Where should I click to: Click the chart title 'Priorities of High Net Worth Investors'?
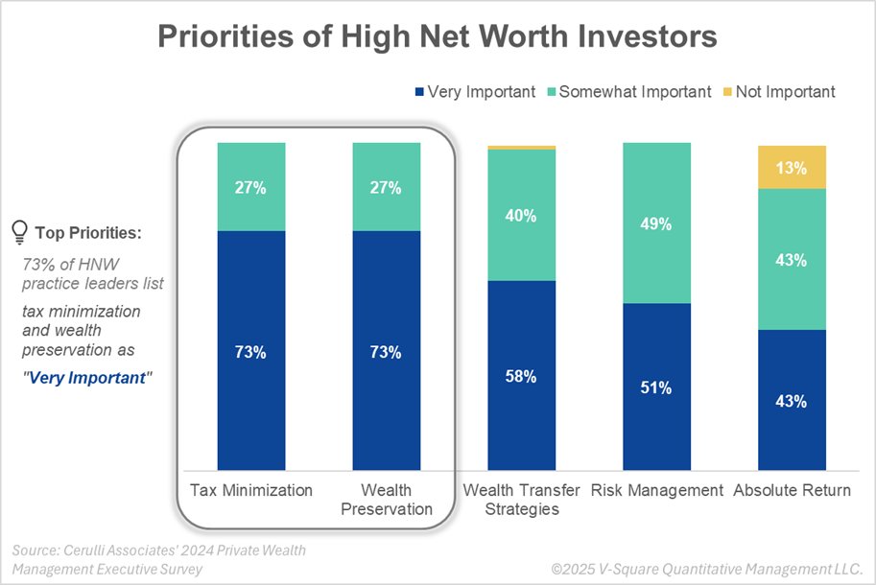click(x=438, y=37)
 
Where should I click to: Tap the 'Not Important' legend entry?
click(x=778, y=92)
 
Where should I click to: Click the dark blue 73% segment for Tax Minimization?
click(x=251, y=351)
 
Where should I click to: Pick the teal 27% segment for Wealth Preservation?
click(x=387, y=187)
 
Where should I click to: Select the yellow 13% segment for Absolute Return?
click(x=792, y=167)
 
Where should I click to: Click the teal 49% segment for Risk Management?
click(x=656, y=223)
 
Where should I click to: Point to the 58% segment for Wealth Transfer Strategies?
click(x=521, y=376)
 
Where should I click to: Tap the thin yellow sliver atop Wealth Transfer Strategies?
click(x=521, y=147)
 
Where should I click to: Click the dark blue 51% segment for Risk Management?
click(x=656, y=387)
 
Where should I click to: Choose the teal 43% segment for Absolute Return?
click(x=792, y=259)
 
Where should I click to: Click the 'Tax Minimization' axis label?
click(x=251, y=490)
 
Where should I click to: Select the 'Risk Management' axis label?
click(x=656, y=490)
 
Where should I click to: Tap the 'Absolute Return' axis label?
click(x=792, y=490)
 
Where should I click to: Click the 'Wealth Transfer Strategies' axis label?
click(x=521, y=499)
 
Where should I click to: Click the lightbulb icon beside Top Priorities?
click(x=18, y=231)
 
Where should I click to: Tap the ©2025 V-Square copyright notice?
click(x=705, y=568)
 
